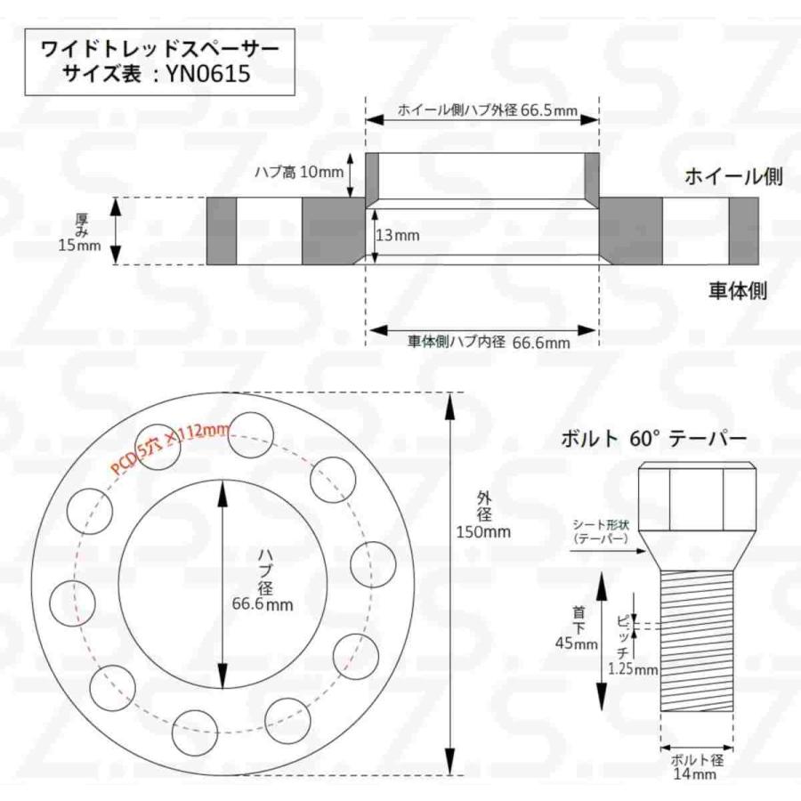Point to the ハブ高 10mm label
(299, 172)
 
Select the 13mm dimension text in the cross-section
(399, 236)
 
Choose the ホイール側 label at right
(732, 176)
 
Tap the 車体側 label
(737, 289)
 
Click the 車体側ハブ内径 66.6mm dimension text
(488, 341)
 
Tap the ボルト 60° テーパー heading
(652, 439)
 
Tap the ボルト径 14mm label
(698, 768)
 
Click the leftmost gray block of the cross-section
(222, 231)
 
